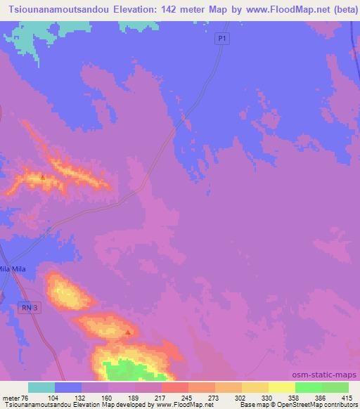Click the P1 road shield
tap(222, 40)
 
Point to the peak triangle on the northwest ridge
tap(43, 177)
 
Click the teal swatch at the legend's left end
tap(41, 387)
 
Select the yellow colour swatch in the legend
tap(282, 387)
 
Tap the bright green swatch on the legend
tap(309, 387)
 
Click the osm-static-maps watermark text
tap(325, 375)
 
